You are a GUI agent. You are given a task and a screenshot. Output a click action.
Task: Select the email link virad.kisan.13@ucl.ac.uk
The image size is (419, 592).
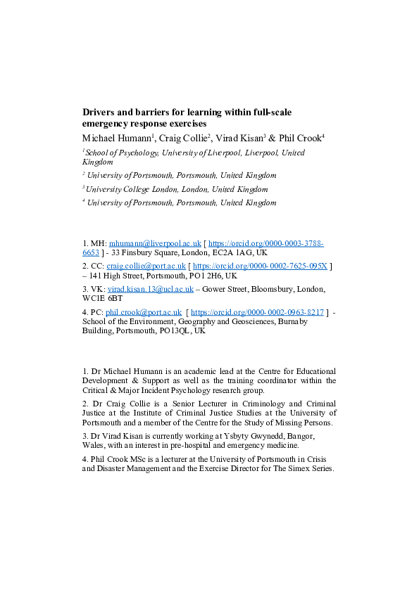click(150, 290)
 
